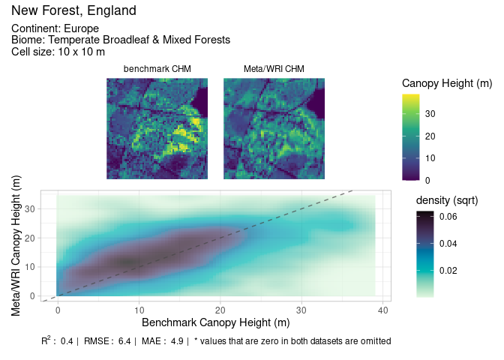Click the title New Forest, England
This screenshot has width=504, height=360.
tap(73, 11)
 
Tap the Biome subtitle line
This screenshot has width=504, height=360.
tap(120, 40)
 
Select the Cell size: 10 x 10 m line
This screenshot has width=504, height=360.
tap(58, 52)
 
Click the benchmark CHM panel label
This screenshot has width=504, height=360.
tap(157, 69)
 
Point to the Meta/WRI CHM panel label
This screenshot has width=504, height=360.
tap(274, 69)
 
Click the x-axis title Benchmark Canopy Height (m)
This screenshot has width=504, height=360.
tap(215, 322)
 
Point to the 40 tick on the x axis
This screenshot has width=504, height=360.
tap(382, 310)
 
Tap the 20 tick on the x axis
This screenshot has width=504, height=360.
tap(220, 310)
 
